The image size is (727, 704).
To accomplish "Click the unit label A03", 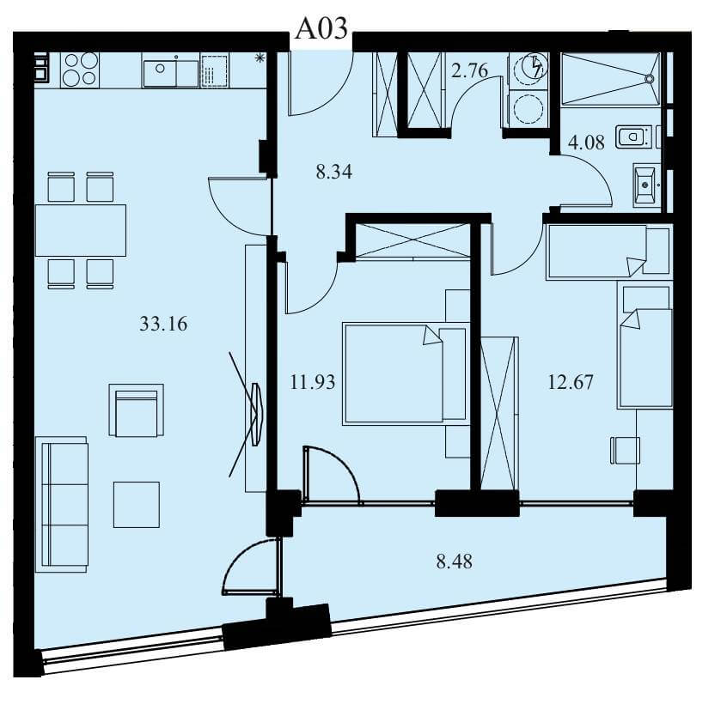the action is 321,27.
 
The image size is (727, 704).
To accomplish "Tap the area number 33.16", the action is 163,324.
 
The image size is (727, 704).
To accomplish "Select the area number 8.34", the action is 333,172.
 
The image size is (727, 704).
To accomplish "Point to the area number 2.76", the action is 469,70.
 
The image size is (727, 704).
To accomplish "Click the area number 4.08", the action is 586,143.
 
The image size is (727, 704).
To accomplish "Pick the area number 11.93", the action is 313,383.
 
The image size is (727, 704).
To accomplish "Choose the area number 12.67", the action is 571,383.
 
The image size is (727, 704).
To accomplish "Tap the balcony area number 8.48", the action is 455,561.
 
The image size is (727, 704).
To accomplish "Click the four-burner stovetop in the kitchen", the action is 80,69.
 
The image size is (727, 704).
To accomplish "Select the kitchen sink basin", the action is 160,73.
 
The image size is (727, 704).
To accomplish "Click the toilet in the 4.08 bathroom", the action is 633,137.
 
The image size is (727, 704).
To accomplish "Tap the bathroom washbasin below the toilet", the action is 645,185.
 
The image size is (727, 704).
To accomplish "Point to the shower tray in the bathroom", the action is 610,79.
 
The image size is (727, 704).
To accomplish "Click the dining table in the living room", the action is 81,231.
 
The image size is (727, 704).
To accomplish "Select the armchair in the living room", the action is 137,410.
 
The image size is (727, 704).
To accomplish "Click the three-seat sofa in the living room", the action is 62,504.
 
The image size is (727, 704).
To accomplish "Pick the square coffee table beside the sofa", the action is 137,504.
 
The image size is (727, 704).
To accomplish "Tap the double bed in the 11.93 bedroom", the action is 405,373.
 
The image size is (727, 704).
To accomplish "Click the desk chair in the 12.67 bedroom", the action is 625,449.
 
